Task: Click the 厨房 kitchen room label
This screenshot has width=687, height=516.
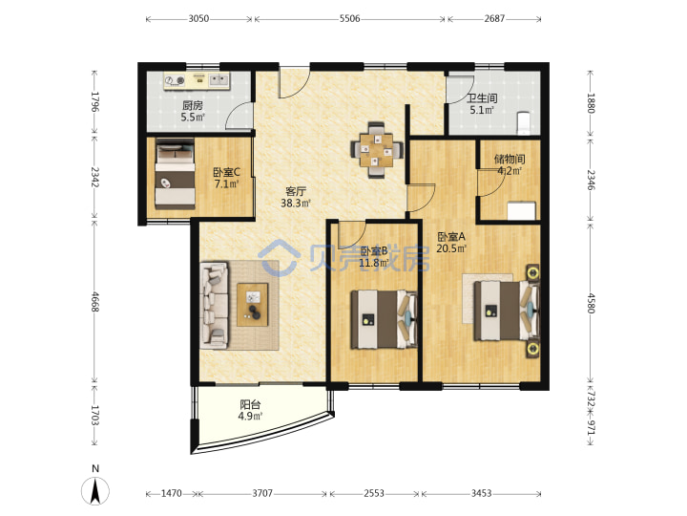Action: click(x=193, y=105)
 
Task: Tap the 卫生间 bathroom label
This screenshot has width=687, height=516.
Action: click(x=482, y=98)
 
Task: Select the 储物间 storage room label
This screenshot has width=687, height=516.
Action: click(x=510, y=159)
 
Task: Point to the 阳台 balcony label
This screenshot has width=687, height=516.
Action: click(x=250, y=404)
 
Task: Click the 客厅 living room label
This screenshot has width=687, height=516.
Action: click(x=296, y=191)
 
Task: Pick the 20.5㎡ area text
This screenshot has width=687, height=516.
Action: click(x=451, y=248)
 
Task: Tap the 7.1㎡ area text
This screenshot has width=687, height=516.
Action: click(x=226, y=183)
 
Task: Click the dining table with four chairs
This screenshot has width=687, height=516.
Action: click(x=377, y=150)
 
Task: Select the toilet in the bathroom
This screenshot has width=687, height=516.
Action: click(x=523, y=123)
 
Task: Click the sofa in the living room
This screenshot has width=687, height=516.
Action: click(x=215, y=306)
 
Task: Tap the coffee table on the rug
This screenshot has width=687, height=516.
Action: click(x=252, y=305)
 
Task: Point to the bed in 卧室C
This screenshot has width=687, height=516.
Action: click(x=176, y=174)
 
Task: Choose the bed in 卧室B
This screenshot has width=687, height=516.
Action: click(x=384, y=319)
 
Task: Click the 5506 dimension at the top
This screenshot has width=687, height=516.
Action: click(x=349, y=18)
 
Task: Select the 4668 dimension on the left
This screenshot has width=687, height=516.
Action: click(x=95, y=302)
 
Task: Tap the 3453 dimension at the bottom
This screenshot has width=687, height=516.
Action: click(x=481, y=494)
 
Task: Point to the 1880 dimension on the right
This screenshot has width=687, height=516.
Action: click(x=591, y=103)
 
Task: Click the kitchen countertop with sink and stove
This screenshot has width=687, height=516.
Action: click(x=198, y=80)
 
